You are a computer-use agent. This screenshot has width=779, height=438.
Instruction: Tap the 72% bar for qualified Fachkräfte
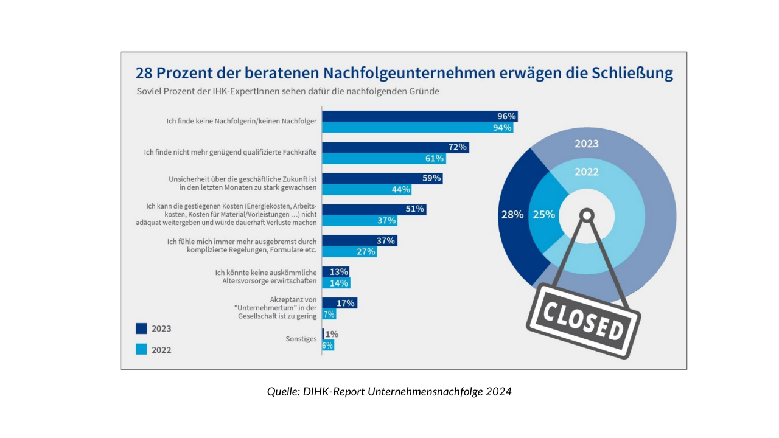(x=396, y=147)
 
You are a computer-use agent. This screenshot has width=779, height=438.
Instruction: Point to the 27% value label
(x=366, y=251)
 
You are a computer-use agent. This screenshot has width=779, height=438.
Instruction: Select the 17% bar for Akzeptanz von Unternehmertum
(x=340, y=302)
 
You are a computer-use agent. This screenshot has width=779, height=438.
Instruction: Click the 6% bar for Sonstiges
(x=328, y=345)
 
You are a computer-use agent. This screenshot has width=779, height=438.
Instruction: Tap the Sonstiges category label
(x=301, y=339)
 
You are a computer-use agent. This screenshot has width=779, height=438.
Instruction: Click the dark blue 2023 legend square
(x=141, y=328)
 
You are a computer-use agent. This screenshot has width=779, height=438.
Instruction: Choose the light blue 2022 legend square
(x=141, y=349)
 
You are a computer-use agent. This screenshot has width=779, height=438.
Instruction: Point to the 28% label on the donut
(x=512, y=215)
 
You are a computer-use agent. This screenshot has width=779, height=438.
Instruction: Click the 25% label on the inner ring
(x=543, y=215)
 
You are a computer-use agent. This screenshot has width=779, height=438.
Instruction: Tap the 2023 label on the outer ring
(x=587, y=144)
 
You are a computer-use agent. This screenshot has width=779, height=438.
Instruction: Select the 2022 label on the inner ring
(x=587, y=172)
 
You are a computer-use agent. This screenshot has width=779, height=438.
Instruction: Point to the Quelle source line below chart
(x=389, y=392)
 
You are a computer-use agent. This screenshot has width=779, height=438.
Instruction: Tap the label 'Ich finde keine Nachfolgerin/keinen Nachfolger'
(x=242, y=122)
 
